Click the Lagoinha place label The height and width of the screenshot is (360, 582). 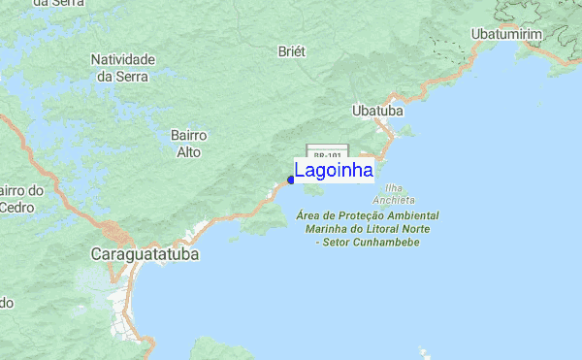coord(334,171)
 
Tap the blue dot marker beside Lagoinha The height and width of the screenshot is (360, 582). coord(291,179)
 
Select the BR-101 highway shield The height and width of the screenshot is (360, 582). coord(328,154)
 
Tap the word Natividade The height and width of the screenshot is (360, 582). coord(123,59)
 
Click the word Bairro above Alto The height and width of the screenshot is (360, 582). coord(188,136)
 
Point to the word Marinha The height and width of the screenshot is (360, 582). coord(329,228)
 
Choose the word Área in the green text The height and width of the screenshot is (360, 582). coord(308,214)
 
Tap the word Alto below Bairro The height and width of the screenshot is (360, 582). coord(188,152)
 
